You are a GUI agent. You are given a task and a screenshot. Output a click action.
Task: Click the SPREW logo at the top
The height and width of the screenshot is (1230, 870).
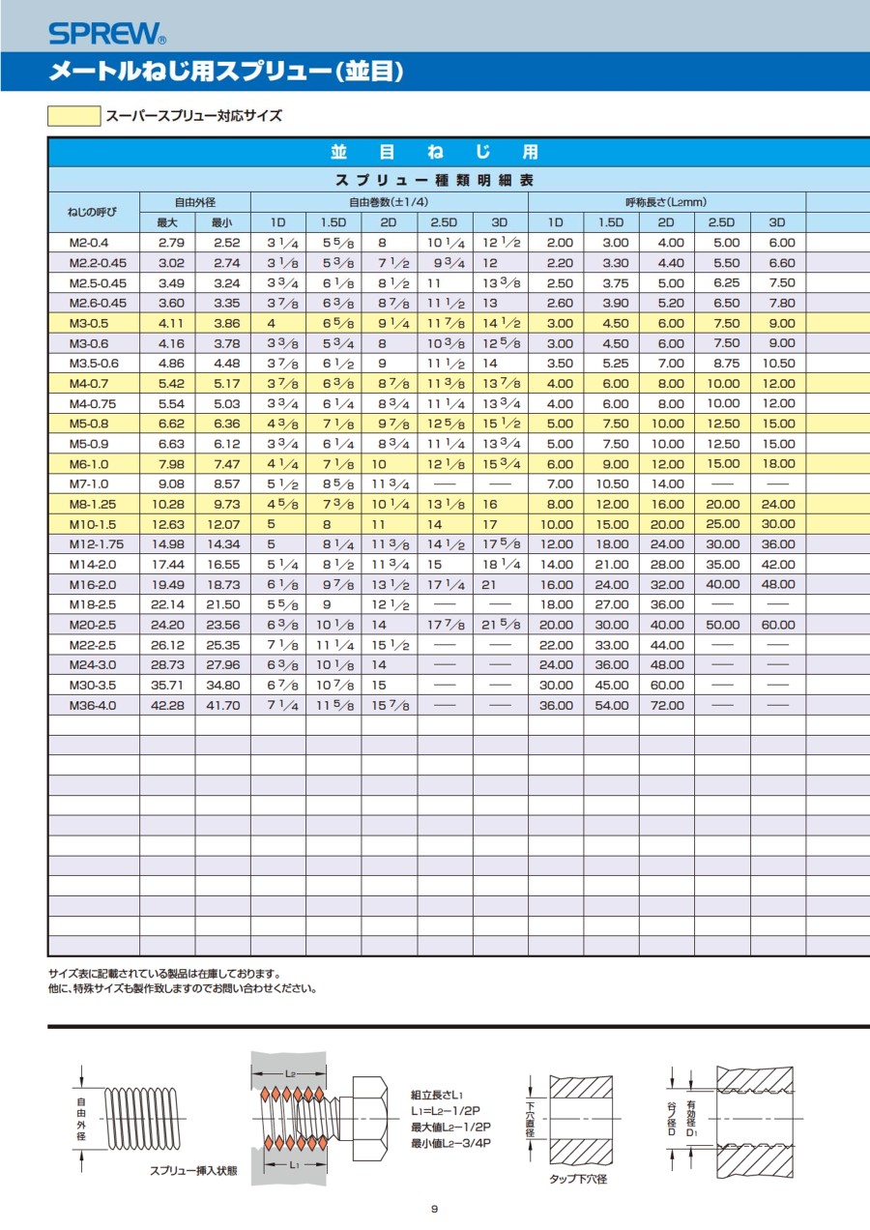(x=106, y=35)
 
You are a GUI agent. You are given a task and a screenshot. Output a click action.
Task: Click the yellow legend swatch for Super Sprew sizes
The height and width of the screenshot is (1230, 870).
(x=74, y=116)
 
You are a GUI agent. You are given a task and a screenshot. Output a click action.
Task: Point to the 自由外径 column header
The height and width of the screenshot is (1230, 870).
(x=194, y=202)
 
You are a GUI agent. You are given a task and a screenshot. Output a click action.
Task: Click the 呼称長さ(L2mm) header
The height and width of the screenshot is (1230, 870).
(x=666, y=202)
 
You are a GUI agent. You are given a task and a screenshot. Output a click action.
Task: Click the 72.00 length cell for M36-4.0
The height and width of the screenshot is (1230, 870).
(x=666, y=705)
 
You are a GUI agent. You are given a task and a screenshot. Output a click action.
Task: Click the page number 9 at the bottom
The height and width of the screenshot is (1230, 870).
(x=435, y=1209)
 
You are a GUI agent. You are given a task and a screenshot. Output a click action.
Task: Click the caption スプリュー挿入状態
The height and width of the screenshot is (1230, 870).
(x=193, y=1170)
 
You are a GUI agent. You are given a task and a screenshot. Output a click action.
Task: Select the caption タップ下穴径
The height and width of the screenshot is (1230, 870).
(x=578, y=1179)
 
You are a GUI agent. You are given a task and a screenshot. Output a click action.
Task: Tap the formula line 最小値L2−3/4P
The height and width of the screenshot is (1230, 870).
(x=451, y=1143)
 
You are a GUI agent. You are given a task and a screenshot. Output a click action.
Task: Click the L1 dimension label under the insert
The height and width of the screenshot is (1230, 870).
(x=293, y=1165)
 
